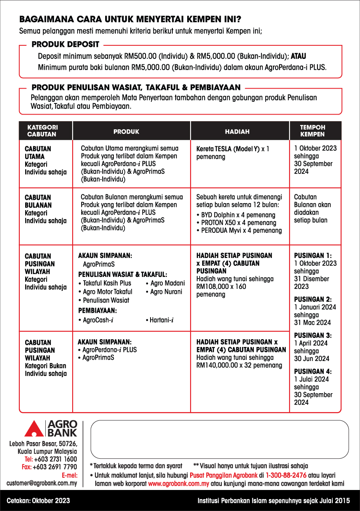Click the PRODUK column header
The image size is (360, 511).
[x=126, y=132]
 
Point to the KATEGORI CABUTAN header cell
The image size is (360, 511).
[x=42, y=131]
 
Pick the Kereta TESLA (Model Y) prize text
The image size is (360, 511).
[x=228, y=149]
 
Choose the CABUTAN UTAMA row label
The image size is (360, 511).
[x=38, y=152]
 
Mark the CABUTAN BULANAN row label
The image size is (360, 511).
[x=38, y=201]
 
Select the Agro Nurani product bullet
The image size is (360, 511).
[x=165, y=292]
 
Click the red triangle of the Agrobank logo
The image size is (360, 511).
[x=34, y=430]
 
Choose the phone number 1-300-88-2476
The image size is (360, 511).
[x=286, y=475]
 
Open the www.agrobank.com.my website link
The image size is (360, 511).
[x=179, y=483]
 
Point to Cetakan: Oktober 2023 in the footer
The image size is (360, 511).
[x=38, y=501]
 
